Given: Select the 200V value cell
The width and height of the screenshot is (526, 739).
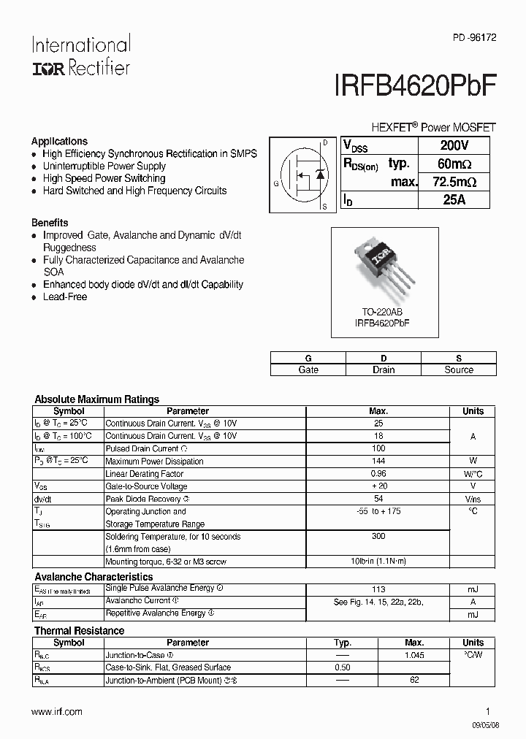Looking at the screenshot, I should click(454, 145).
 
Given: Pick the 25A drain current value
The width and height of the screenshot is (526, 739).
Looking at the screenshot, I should click(454, 199).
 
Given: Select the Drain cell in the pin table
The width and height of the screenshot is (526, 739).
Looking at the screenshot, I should click(384, 369).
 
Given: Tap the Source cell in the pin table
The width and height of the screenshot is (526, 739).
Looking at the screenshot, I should click(459, 369).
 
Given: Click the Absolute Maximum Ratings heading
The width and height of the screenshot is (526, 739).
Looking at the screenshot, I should click(97, 399).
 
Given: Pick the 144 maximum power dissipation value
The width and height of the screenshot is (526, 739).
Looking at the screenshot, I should click(378, 462).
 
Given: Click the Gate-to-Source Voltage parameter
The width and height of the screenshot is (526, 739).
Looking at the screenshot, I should click(146, 486).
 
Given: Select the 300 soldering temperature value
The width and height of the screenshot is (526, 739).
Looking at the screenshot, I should click(378, 537).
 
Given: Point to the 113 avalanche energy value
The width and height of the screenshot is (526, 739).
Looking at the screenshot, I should click(378, 589).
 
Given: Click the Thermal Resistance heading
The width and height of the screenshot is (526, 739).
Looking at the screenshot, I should click(80, 630).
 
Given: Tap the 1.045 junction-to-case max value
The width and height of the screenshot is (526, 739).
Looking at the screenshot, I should click(414, 655).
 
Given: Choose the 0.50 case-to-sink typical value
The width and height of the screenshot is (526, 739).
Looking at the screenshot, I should click(343, 667).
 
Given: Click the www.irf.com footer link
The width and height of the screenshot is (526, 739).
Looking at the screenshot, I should click(57, 711).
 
